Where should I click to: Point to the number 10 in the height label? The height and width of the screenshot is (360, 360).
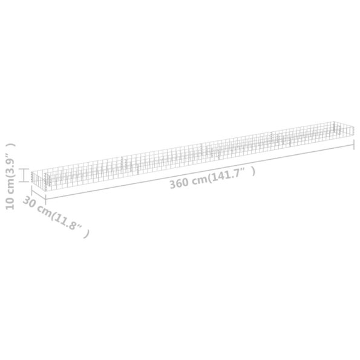[8, 203]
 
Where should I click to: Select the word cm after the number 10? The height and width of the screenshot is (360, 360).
[8, 186]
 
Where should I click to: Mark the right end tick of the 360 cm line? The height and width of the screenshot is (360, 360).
[354, 145]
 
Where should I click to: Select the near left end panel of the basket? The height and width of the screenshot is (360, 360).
[39, 178]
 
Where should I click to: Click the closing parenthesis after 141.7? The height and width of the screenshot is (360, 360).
[253, 171]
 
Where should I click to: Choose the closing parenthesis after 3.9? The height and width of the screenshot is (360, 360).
[8, 145]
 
